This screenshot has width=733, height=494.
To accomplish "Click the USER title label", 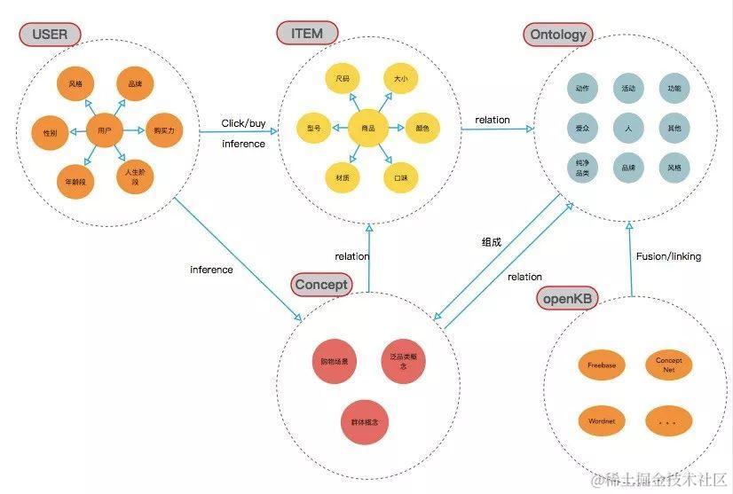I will (50, 35).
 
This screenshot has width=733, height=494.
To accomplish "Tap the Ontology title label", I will (558, 35).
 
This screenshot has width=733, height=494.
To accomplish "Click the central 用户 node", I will (105, 130).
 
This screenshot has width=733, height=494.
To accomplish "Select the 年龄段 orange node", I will (75, 182).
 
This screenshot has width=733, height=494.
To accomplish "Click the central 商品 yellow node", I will (367, 129).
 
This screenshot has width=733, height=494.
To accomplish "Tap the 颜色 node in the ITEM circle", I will (422, 129).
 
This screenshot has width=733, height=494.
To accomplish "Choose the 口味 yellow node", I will (400, 177).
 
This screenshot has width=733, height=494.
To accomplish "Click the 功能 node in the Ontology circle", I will (674, 89).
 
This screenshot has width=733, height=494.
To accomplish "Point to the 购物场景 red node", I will (335, 362).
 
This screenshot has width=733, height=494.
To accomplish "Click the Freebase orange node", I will (601, 365).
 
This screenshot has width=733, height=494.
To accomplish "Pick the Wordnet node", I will (601, 421).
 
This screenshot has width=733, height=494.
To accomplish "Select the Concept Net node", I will (669, 364).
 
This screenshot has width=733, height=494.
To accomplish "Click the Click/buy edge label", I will (244, 123).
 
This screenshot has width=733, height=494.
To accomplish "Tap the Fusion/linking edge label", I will (668, 256).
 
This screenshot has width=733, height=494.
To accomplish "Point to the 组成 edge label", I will (492, 241).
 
